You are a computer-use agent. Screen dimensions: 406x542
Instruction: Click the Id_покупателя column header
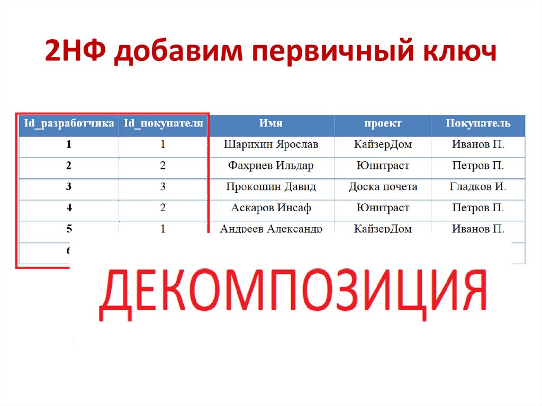tap(164, 123)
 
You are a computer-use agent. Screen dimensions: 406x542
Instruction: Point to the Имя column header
tap(271, 123)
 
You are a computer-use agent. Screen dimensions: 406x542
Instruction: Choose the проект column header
tap(383, 123)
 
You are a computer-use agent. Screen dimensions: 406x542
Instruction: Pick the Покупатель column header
tap(478, 123)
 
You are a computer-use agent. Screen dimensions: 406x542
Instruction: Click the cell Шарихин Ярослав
tap(271, 144)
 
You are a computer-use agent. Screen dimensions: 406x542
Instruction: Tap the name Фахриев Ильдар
tap(271, 166)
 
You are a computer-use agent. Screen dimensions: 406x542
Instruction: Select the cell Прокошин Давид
tap(271, 187)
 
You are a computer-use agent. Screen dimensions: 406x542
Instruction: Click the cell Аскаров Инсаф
tap(271, 208)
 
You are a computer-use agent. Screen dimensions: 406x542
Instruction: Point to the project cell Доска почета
tap(383, 187)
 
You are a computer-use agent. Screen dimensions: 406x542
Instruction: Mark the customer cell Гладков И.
tap(478, 187)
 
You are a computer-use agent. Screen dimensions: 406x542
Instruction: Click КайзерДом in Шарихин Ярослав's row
tap(383, 144)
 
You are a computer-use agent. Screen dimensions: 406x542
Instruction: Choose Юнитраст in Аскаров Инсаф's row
tap(383, 208)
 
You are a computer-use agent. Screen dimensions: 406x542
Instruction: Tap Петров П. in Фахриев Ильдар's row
tap(478, 166)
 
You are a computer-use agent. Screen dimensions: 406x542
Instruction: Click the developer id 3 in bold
tap(69, 187)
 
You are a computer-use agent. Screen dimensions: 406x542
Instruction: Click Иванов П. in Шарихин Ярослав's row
tap(478, 144)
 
